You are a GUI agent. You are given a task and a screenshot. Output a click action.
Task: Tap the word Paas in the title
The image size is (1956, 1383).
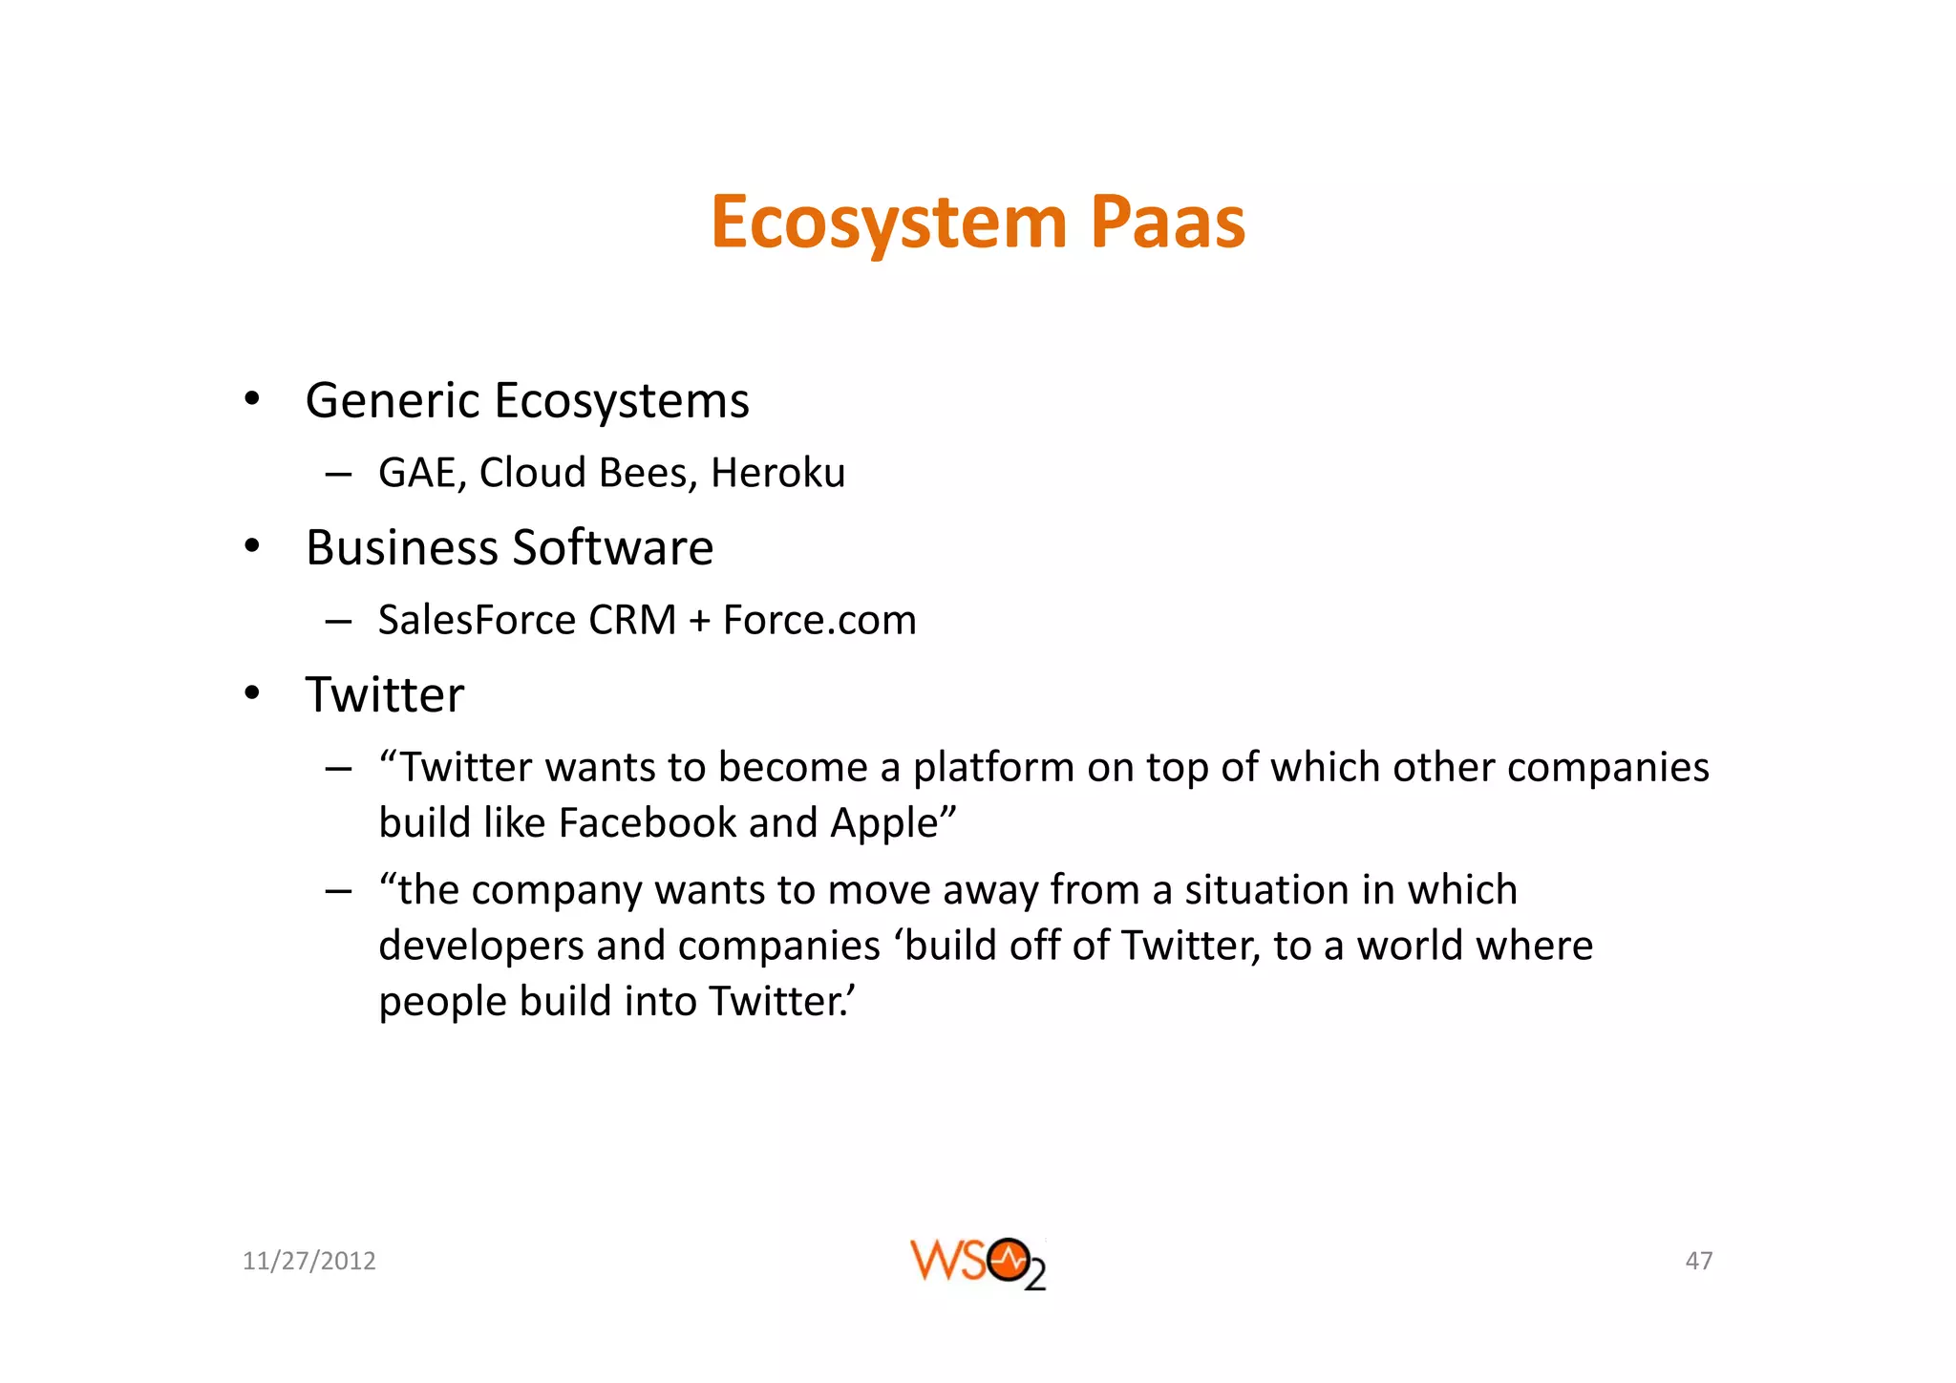point(1167,223)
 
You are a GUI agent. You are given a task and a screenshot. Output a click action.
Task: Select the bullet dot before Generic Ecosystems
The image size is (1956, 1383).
point(251,399)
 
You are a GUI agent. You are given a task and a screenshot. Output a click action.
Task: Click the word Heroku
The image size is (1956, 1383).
point(777,473)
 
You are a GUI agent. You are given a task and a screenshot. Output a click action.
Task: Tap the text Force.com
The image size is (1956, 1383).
point(819,621)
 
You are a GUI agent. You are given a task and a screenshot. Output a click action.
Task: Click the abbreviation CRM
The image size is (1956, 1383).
point(632,621)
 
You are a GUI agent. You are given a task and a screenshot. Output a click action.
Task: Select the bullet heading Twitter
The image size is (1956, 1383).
point(384,694)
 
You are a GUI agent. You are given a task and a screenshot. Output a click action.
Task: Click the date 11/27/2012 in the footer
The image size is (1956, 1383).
point(308,1262)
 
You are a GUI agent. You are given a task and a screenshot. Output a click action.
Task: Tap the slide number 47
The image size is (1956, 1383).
point(1698,1262)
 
